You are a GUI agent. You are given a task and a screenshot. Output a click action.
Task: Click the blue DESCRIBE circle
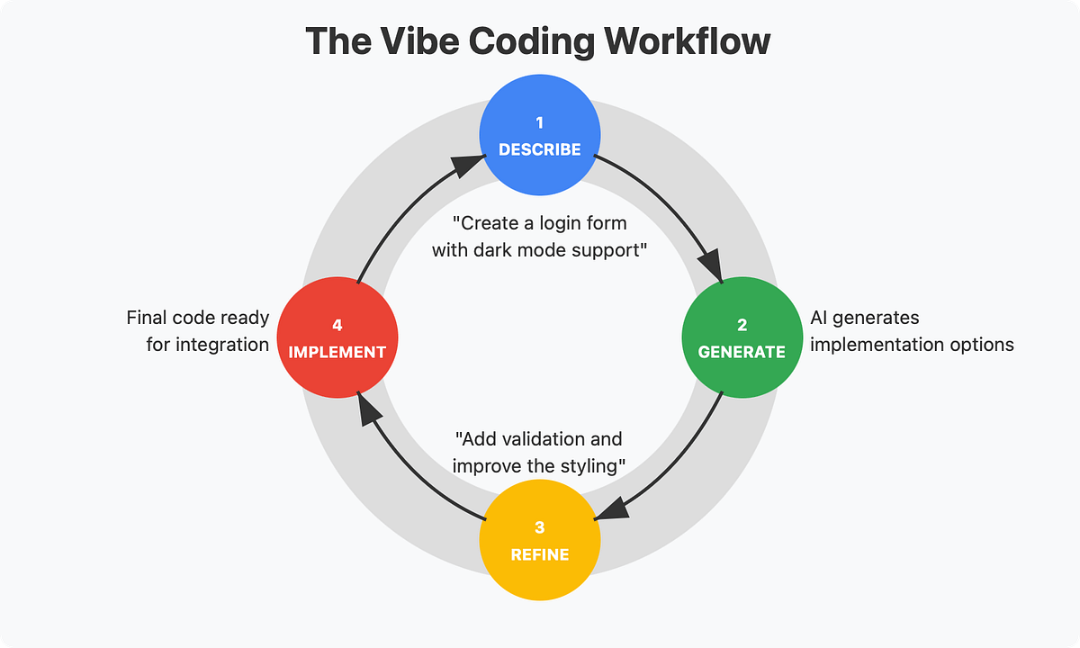(539, 136)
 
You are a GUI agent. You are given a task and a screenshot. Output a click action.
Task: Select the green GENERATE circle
(742, 337)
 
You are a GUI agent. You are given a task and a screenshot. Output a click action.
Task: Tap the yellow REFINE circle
(539, 540)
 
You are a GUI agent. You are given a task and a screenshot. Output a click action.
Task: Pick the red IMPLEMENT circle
(337, 337)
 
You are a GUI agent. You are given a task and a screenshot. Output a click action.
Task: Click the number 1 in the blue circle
(539, 121)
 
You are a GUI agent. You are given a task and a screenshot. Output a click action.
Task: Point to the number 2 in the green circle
(742, 324)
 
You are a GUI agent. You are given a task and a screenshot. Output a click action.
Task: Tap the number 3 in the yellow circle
(539, 526)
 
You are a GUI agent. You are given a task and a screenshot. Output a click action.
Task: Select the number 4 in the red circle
(337, 324)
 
